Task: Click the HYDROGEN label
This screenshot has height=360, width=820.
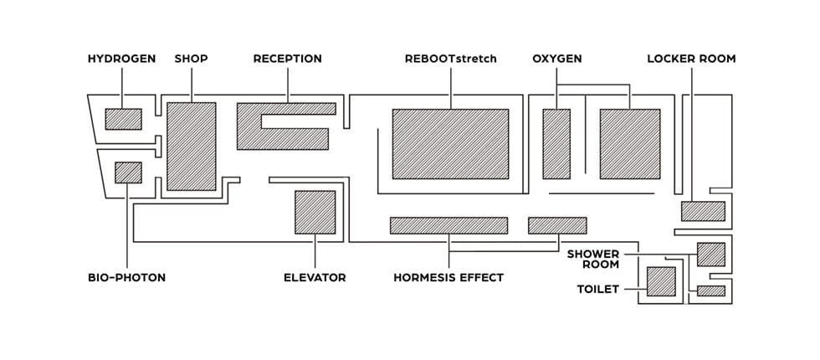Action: click(x=121, y=59)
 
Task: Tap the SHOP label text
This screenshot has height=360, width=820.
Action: click(x=191, y=59)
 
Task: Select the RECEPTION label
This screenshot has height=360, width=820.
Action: click(x=287, y=59)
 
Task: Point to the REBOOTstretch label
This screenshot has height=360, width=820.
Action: click(x=450, y=59)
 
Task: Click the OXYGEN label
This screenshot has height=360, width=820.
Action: click(x=556, y=59)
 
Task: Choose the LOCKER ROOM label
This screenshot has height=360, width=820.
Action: click(x=691, y=59)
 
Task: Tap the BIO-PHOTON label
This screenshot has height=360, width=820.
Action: click(x=126, y=278)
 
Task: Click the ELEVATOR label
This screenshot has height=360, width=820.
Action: click(x=315, y=278)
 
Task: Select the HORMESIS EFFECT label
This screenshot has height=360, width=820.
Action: click(x=448, y=278)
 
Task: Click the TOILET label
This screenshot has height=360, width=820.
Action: click(x=598, y=290)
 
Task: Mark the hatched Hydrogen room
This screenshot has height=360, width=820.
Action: click(x=123, y=119)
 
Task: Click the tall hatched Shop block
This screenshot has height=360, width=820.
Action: click(x=191, y=147)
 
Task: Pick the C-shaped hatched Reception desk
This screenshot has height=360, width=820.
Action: click(x=251, y=126)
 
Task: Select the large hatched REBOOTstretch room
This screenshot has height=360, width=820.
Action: click(x=450, y=143)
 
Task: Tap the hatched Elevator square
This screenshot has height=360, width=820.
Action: click(x=315, y=212)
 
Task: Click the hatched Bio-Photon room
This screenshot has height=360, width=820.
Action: click(x=127, y=172)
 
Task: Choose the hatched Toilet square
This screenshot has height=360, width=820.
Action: click(x=661, y=282)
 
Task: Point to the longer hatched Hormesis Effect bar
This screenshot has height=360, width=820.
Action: click(x=448, y=225)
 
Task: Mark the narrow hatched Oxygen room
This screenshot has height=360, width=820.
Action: click(x=556, y=143)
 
